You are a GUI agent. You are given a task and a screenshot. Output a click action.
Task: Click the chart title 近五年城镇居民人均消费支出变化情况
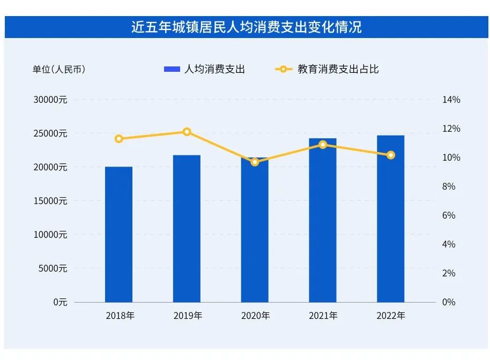click(x=246, y=27)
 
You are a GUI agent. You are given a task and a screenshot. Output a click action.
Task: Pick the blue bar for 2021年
click(x=322, y=220)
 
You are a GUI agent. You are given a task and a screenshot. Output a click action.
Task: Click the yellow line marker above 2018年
click(x=119, y=139)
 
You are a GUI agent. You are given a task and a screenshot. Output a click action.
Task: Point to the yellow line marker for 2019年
click(x=187, y=132)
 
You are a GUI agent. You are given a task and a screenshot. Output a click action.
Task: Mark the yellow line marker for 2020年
click(x=255, y=162)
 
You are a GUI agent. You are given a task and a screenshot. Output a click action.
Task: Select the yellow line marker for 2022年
click(x=390, y=155)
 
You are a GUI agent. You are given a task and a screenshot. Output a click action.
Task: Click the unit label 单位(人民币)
click(x=58, y=69)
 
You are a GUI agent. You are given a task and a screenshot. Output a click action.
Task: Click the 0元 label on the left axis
click(x=60, y=302)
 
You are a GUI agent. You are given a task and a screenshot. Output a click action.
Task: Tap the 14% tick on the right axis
click(x=451, y=100)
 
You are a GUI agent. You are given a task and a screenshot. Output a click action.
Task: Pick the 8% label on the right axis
click(x=449, y=186)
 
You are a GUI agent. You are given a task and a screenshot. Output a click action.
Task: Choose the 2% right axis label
click(x=449, y=273)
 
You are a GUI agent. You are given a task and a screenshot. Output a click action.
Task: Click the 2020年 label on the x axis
click(x=255, y=316)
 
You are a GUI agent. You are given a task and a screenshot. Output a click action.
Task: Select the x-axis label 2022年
click(x=390, y=316)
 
